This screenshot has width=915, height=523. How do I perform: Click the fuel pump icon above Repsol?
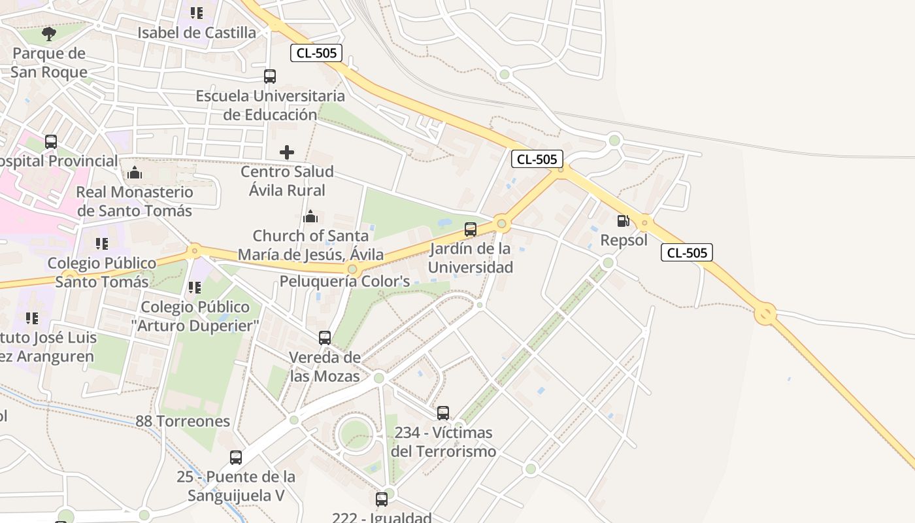(623, 221)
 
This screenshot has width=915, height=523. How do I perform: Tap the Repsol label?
(624, 240)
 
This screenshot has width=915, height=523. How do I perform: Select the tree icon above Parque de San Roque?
(49, 33)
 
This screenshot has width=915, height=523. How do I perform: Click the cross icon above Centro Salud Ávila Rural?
(286, 152)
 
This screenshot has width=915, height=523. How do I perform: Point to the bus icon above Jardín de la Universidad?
(471, 229)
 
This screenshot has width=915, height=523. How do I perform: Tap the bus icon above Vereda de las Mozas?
(325, 338)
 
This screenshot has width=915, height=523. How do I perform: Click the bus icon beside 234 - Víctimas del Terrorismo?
(443, 413)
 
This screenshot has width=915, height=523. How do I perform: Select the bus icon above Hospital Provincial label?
(51, 141)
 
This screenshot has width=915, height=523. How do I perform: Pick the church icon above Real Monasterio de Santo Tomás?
(135, 173)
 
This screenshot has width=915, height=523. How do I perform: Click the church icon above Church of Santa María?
(310, 216)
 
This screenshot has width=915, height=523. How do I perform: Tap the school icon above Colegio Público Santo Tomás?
(102, 244)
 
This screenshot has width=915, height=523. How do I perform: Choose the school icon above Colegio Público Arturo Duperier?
(194, 288)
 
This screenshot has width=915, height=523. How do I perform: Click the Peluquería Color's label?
(344, 282)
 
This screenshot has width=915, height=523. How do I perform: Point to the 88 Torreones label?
(183, 421)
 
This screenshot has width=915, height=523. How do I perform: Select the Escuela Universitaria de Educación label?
(270, 105)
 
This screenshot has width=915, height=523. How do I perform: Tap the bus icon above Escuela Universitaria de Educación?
(270, 76)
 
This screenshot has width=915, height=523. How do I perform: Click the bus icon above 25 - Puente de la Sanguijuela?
(236, 458)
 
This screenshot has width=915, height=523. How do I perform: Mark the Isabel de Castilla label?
(197, 33)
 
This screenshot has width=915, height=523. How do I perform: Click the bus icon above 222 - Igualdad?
(382, 499)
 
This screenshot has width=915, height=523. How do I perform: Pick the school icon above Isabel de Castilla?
(196, 13)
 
